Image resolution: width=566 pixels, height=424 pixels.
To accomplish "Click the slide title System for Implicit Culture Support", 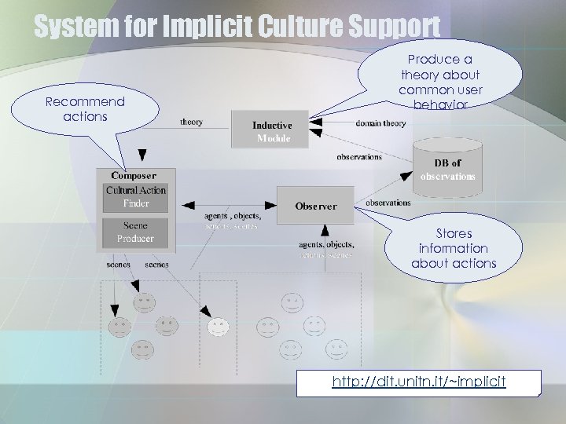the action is [x=237, y=27].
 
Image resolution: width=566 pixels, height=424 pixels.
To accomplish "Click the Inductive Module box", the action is [x=271, y=131].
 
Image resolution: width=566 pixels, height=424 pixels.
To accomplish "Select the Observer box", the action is [x=315, y=207].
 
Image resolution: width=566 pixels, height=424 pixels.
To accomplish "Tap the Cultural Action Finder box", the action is [x=136, y=197].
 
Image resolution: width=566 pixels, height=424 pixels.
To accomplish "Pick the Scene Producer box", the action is [x=136, y=232].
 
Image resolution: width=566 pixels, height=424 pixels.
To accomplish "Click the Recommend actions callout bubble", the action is [x=85, y=109].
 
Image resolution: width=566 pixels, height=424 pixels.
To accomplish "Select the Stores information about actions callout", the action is [x=454, y=248].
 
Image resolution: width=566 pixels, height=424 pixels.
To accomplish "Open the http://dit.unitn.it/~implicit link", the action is [x=418, y=382].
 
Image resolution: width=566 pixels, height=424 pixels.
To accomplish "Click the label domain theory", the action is [x=380, y=123].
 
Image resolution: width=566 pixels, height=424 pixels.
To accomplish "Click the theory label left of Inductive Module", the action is [x=191, y=122].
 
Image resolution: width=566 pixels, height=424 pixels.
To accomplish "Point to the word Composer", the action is [x=134, y=176].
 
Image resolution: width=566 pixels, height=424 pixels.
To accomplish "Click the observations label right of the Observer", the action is [x=388, y=203].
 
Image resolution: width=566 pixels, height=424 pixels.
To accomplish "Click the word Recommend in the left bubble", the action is [x=85, y=102].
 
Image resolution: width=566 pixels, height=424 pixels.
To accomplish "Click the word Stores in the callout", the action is [x=454, y=233].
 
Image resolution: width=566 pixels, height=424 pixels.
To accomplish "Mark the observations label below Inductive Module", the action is [x=358, y=157].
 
